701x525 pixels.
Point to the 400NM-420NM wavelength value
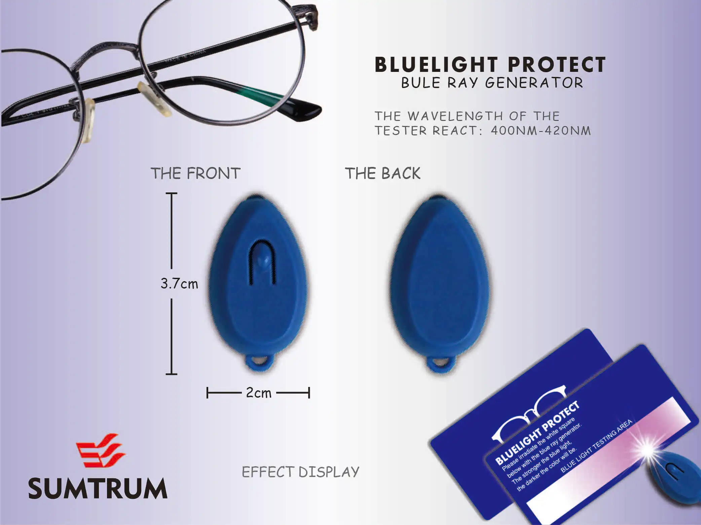coord(541,131)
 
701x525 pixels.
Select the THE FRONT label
coord(195,174)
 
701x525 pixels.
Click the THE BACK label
coord(382,174)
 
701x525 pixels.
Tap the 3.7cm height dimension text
coord(179,284)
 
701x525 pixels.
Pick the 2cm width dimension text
coord(258,393)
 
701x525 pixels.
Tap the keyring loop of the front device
coord(258,362)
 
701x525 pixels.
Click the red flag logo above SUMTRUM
coord(100,450)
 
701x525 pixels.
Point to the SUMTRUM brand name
coord(98,489)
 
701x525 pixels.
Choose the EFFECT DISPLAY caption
coord(300,472)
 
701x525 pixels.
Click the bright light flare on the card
coord(648,449)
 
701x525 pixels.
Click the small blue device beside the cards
coord(674,477)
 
